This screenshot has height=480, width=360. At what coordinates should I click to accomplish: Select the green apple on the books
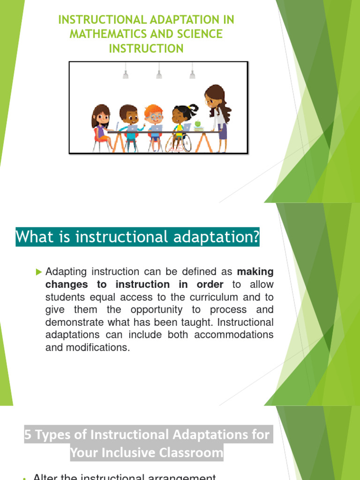pos(198,124)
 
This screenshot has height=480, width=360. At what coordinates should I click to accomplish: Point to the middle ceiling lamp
pos(159,74)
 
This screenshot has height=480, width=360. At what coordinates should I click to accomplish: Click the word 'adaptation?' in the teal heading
pos(214,237)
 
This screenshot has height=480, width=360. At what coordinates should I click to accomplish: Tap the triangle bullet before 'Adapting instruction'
pos(39,271)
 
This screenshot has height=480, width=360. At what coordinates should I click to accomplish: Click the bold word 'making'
pos(255,272)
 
